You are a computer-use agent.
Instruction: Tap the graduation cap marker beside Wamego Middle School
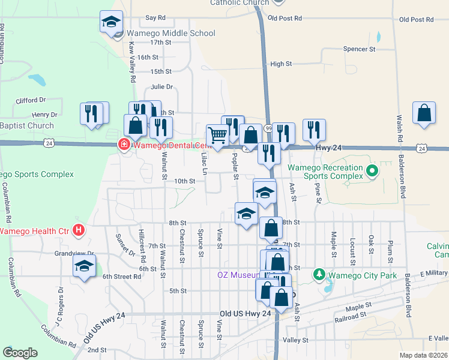coord(111,23)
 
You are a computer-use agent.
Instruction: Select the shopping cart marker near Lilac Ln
coord(217,136)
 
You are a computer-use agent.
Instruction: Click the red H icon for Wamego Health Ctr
coord(77,229)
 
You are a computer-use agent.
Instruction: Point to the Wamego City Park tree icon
coord(319,275)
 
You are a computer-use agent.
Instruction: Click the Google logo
coord(20,352)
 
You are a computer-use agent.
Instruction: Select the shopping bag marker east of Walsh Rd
coord(424,113)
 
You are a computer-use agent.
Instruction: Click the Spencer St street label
coord(359,49)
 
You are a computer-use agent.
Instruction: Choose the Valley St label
coord(295,340)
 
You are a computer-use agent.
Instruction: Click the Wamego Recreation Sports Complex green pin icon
coord(372,172)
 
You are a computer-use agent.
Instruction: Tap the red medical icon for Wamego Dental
coord(123,145)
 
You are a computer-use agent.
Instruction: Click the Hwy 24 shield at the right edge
coord(423,148)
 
